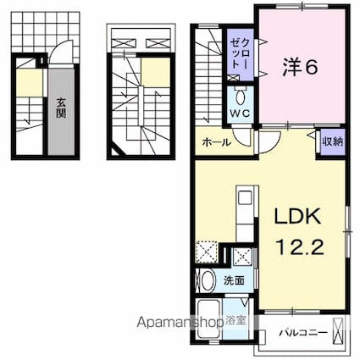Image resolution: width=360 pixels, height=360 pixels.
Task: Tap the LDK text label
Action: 296,217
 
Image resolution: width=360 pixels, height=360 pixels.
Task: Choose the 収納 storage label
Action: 332,142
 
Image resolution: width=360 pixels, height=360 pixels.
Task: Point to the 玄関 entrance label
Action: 62,108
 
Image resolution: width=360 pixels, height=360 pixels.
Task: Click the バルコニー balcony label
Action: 302,332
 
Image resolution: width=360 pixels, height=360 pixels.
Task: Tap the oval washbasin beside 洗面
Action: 206,280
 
